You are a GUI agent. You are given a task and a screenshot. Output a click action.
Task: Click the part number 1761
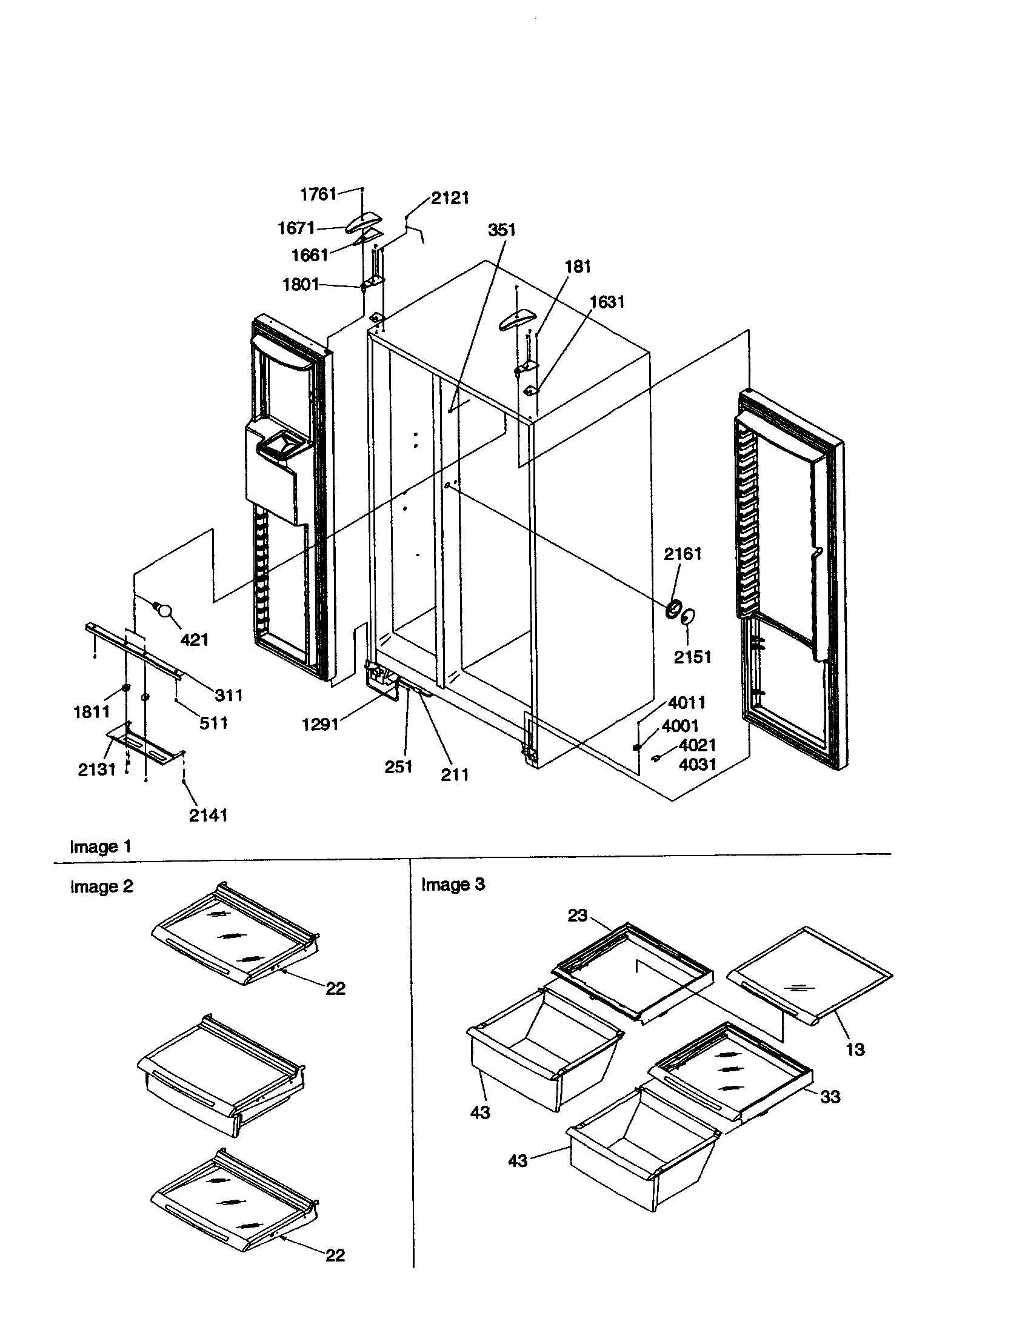point(318,194)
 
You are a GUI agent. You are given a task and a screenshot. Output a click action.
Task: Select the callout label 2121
point(450,198)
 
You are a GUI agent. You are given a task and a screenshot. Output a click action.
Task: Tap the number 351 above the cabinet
point(502,230)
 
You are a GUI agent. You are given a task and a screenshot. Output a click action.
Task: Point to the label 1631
point(607,302)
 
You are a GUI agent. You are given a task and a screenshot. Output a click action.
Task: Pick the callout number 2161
point(683,554)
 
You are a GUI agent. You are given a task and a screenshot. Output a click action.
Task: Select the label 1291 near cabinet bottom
point(321,725)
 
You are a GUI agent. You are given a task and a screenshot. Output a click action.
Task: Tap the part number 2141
point(208,815)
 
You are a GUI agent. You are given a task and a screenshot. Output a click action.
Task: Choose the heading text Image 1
point(101,846)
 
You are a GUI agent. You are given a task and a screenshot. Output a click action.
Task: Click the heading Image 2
point(101,886)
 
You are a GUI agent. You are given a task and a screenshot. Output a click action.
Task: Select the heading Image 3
point(453,885)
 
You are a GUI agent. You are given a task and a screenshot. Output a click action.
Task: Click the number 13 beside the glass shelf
point(855,1049)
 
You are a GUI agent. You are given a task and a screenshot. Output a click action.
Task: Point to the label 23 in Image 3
point(577,915)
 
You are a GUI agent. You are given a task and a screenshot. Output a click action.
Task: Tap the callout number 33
point(830,1097)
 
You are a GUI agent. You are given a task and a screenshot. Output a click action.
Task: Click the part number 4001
point(680,726)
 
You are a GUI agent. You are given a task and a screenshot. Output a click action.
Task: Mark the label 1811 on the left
point(92,712)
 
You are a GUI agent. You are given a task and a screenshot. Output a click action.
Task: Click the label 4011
point(687,702)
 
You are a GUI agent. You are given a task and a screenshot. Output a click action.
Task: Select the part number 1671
point(296,228)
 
